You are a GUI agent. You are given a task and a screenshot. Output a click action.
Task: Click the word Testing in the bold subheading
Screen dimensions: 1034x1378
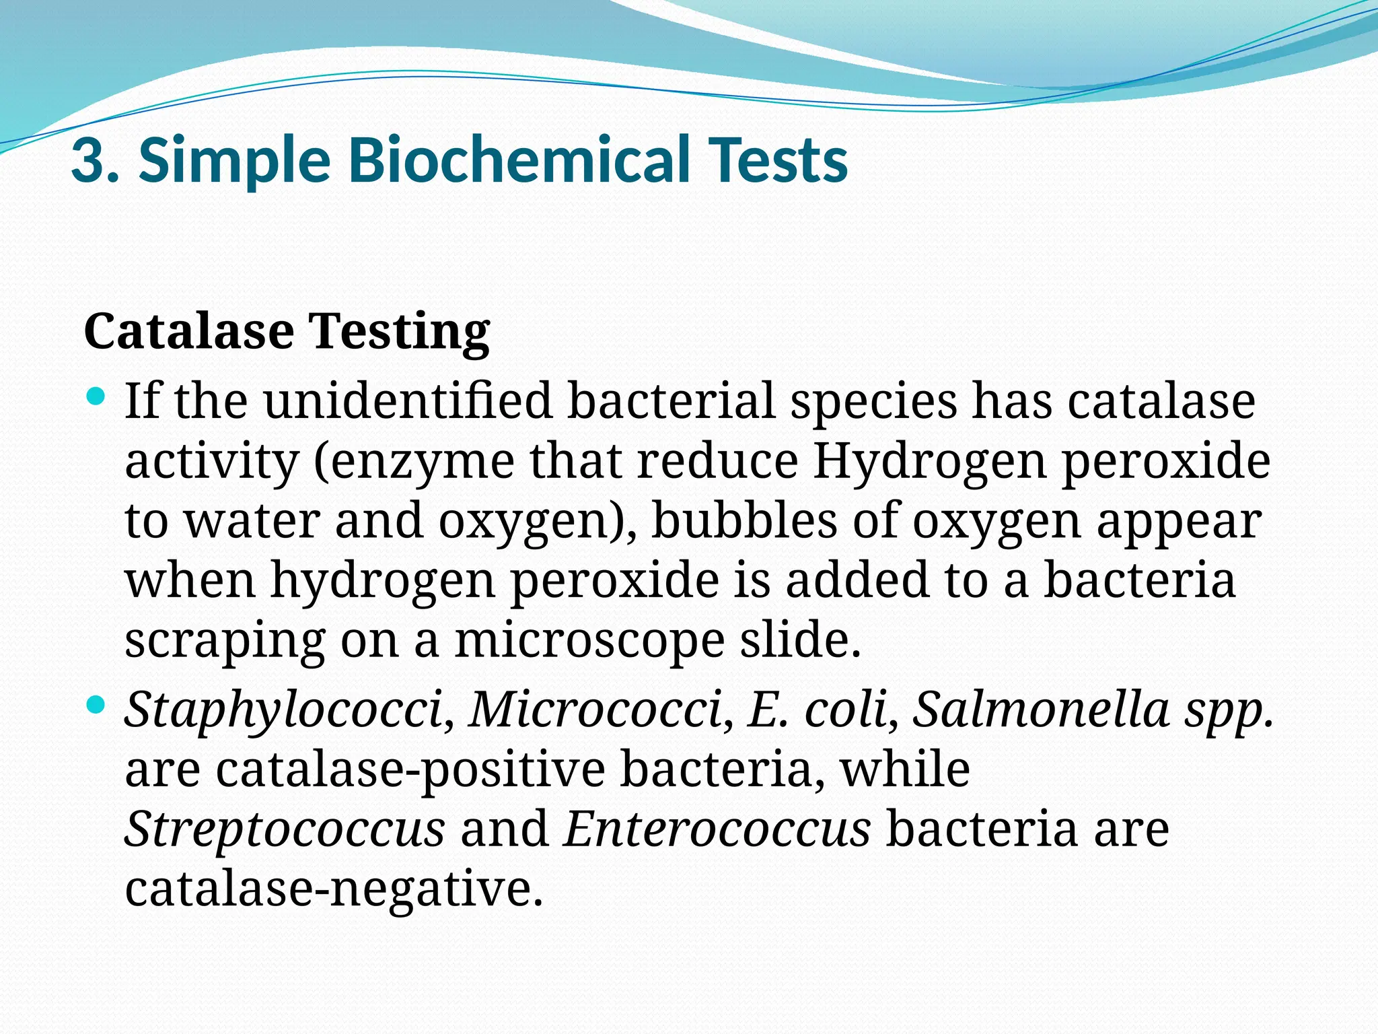pyautogui.click(x=399, y=332)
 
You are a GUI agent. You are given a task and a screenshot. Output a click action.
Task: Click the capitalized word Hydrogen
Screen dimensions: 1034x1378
pyautogui.click(x=929, y=462)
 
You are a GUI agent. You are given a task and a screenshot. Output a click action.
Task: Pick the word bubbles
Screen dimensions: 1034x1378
pyautogui.click(x=744, y=521)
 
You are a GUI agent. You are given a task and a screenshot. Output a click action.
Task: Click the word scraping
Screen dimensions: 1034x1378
pyautogui.click(x=225, y=642)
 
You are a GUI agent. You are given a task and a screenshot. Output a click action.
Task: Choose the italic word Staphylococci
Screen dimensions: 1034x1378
pyautogui.click(x=283, y=710)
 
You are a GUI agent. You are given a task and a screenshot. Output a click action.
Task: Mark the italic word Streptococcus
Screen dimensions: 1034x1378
pyautogui.click(x=284, y=829)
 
